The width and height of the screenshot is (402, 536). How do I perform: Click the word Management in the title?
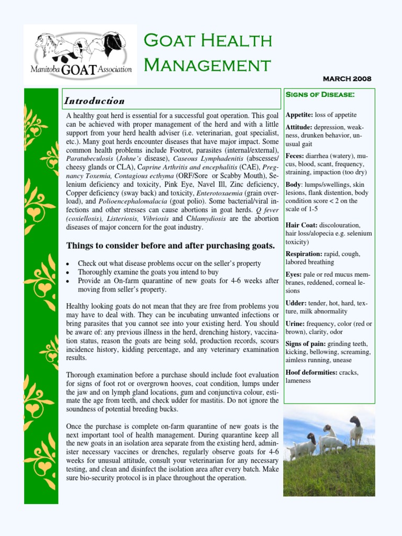coord(207,65)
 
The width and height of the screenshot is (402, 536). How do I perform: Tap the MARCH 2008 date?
coord(347,79)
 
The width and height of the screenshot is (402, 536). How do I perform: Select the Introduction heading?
coord(94,101)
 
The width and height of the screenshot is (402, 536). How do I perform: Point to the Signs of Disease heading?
coord(320,95)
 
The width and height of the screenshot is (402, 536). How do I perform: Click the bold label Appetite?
coord(299,115)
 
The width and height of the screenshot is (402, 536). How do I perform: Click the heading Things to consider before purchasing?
coord(170,245)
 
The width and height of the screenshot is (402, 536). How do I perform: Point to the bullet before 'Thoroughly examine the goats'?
coord(69,273)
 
